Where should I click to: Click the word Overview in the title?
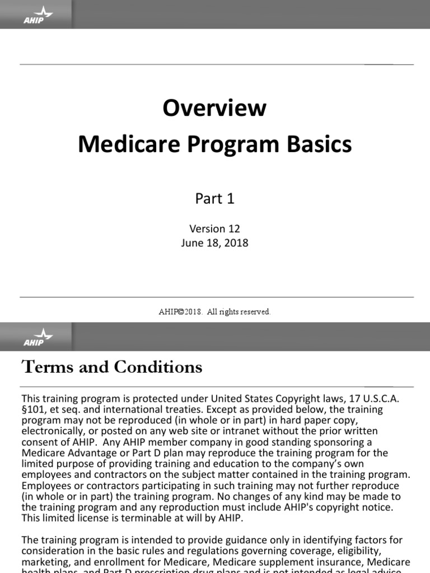(214, 107)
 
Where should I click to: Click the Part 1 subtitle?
(214, 199)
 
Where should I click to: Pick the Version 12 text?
(214, 229)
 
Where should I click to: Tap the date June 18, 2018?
(214, 243)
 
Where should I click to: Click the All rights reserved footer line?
(214, 312)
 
